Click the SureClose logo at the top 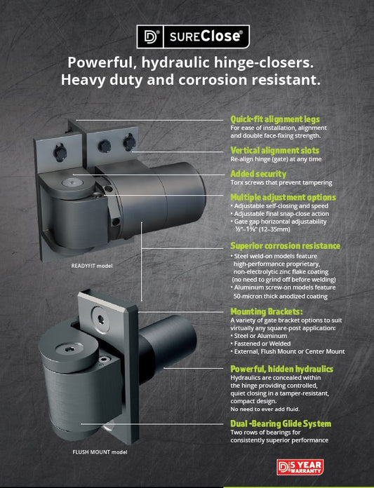click(x=192, y=36)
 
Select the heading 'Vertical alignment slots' click(x=274, y=151)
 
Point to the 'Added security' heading click(x=258, y=173)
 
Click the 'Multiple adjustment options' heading click(x=283, y=197)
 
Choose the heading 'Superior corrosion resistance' click(x=285, y=246)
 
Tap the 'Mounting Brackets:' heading click(x=267, y=311)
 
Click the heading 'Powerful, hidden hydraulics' click(x=281, y=368)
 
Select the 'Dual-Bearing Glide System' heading click(x=281, y=423)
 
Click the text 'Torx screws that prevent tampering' click(x=281, y=183)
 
